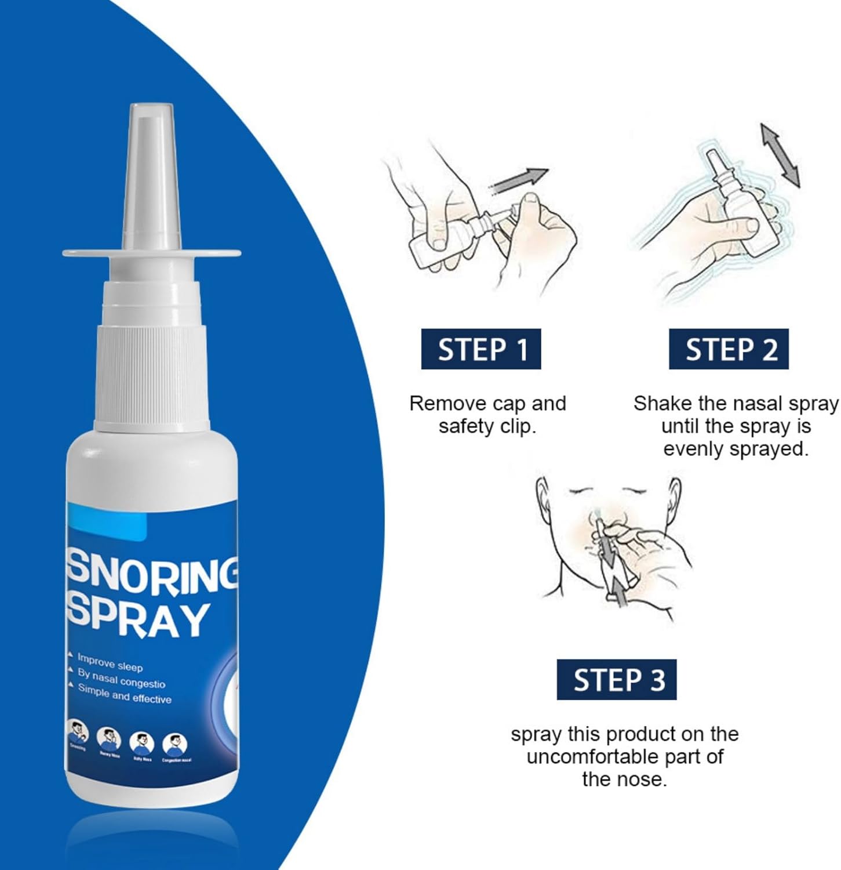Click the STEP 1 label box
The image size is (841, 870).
pos(480,349)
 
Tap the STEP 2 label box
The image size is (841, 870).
pos(729,349)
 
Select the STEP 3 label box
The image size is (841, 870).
pos(616,679)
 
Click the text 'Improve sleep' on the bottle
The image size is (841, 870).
pos(110,662)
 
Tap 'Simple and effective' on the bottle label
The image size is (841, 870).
pos(125,694)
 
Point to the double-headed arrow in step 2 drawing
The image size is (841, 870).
pos(780,155)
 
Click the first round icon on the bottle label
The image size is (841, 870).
pos(77,731)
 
